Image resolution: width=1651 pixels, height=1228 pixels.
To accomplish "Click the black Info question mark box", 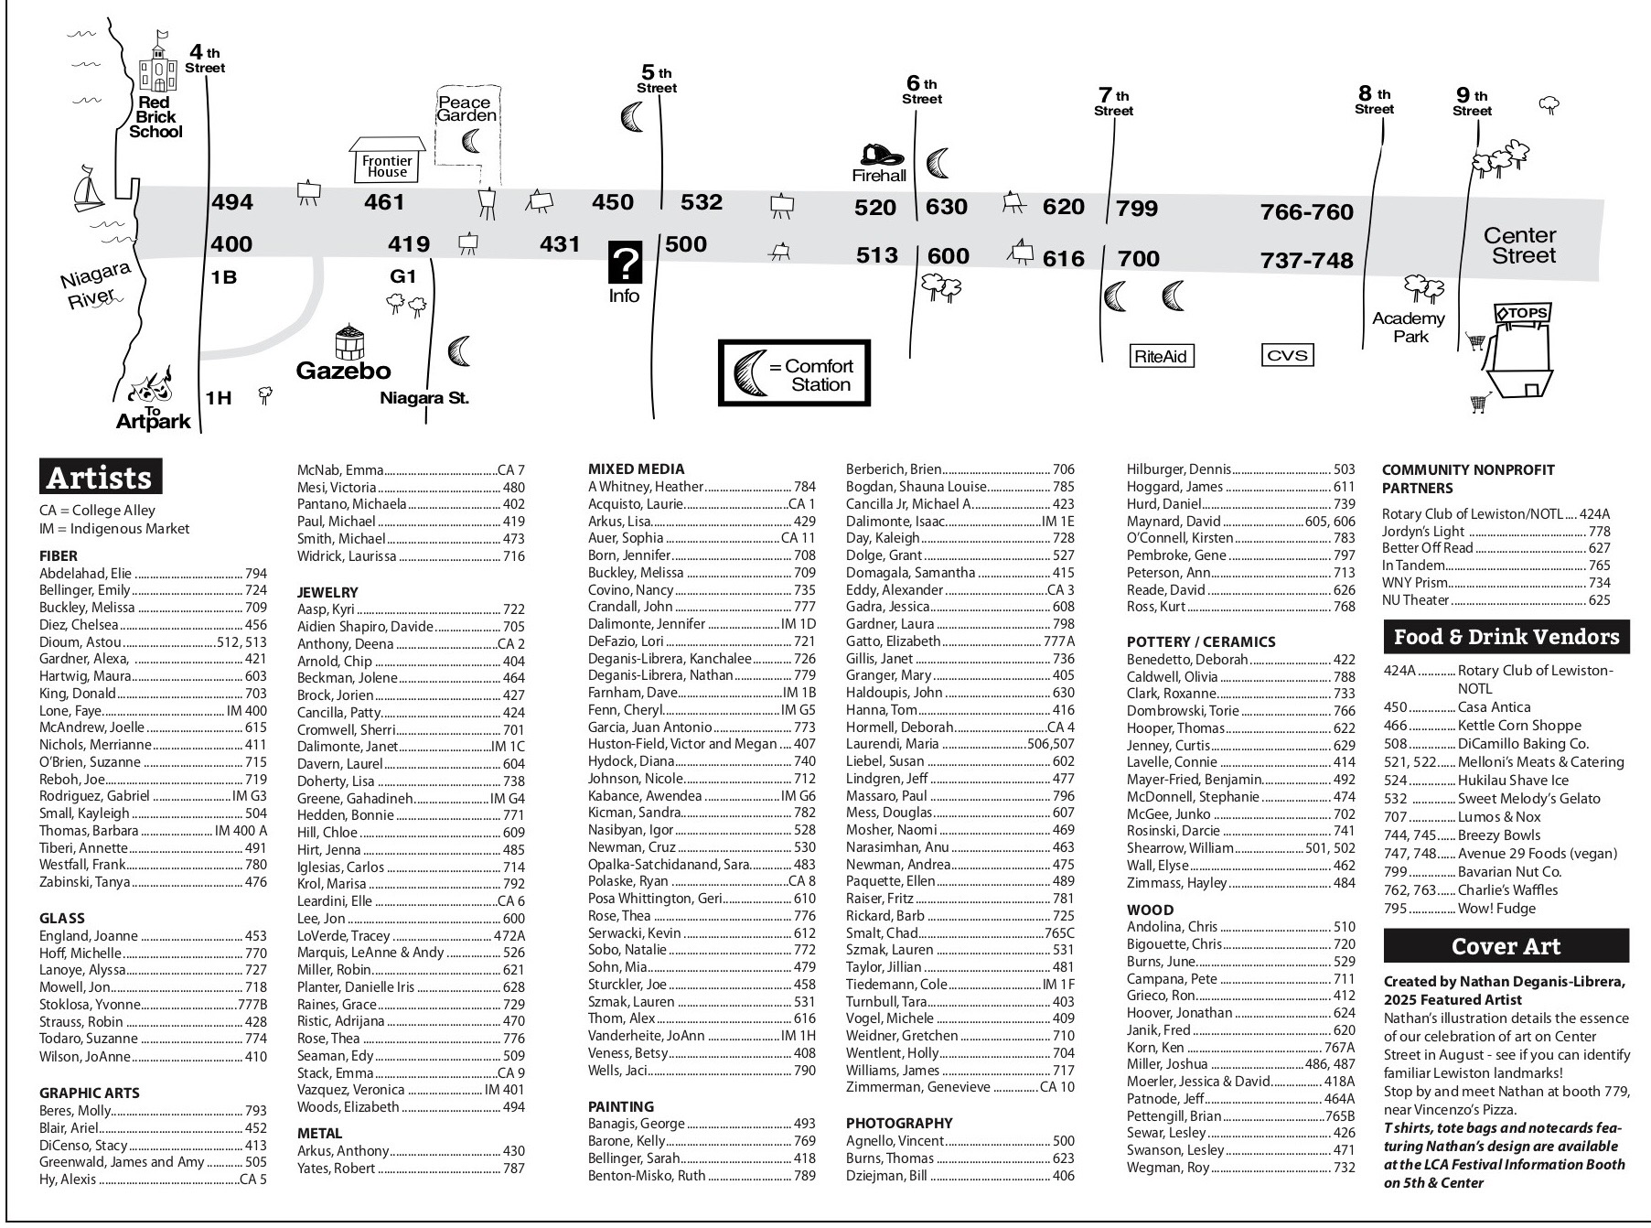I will coord(625,264).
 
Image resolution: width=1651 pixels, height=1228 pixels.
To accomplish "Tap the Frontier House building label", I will coord(388,166).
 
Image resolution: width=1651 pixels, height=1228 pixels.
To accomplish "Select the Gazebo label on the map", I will coord(343,371).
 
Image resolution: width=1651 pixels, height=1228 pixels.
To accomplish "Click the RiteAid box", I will coord(1161,356).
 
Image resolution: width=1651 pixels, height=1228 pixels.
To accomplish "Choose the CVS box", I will coord(1287,355).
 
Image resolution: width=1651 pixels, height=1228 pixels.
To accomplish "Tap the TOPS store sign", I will coord(1522,313).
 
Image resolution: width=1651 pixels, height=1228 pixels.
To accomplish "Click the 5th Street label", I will coord(657,80).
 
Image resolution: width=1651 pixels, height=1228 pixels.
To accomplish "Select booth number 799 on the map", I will coord(1137,209).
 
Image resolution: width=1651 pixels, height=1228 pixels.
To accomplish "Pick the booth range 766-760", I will coord(1306,211).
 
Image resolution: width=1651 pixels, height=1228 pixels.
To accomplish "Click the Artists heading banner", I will coord(101,478).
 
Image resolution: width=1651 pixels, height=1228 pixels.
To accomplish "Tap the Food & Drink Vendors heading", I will coord(1506,637).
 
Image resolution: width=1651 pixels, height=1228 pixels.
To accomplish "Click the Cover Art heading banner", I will coord(1506,946).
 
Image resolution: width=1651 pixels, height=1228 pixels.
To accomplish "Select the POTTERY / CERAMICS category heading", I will coord(1200,641).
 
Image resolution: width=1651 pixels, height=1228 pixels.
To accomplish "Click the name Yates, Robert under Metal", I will coord(336,1168).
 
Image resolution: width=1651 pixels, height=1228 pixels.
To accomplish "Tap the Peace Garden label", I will coord(466,109).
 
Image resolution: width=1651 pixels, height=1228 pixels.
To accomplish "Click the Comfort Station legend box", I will coord(794,373).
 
